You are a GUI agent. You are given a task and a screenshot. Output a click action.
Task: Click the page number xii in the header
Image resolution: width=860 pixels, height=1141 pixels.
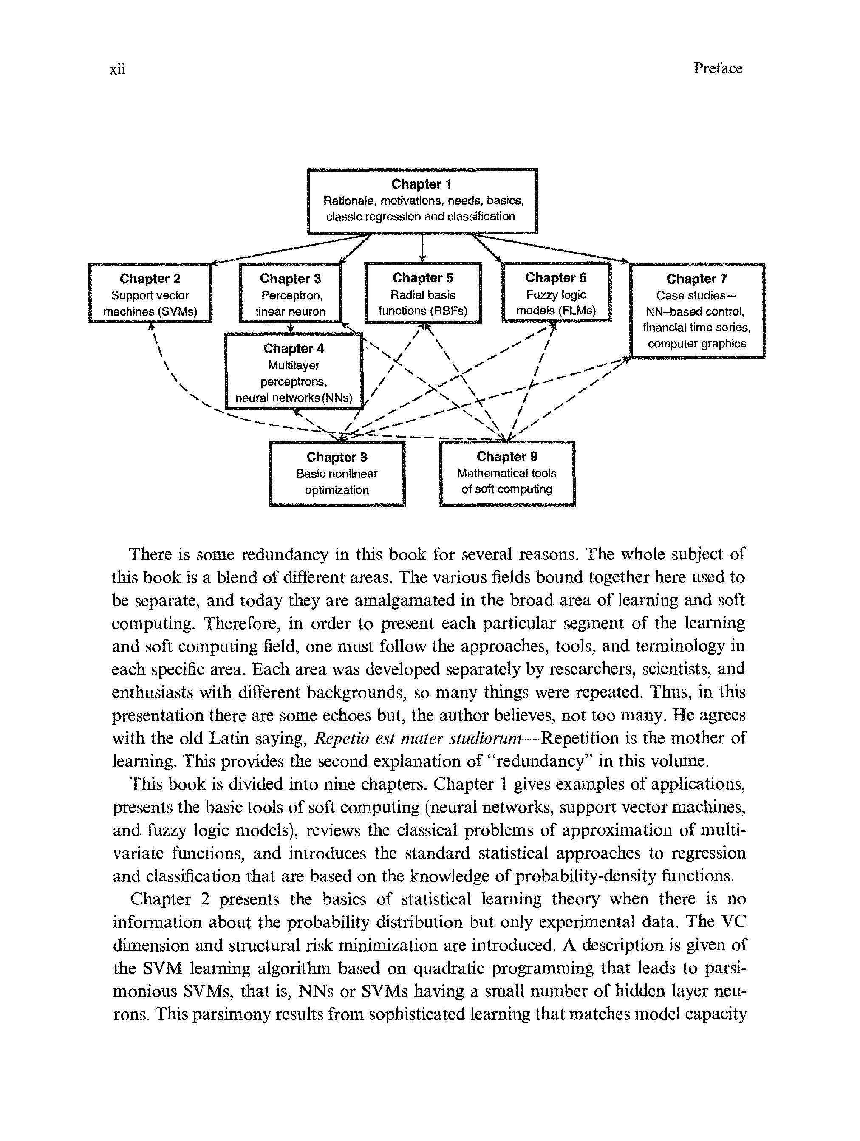117,69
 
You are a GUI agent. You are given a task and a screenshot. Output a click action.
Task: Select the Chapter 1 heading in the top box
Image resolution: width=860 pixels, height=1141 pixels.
421,184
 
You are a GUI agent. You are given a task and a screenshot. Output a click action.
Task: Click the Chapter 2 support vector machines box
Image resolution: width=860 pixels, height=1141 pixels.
150,294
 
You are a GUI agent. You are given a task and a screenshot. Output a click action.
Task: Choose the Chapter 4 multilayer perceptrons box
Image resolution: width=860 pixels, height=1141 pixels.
294,372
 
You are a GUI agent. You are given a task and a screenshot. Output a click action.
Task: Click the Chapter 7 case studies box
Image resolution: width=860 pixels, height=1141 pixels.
696,311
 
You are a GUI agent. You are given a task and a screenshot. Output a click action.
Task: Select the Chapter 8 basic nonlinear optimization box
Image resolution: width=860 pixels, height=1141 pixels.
337,473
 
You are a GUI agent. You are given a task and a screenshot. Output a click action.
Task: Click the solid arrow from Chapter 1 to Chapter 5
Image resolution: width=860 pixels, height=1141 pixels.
422,248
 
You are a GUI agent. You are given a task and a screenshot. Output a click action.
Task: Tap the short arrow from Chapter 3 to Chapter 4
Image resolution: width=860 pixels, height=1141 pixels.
291,328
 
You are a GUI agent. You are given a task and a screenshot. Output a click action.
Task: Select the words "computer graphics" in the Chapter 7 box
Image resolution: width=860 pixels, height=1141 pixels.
696,344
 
